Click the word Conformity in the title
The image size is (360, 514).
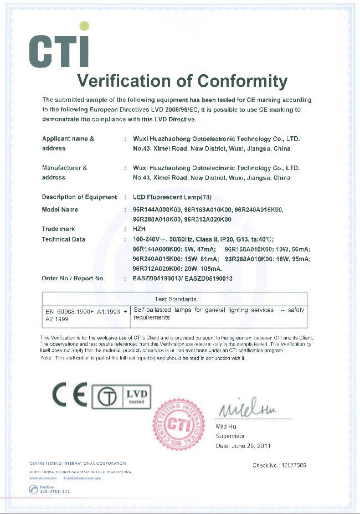coord(242,81)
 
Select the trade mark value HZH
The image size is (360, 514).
coord(140,229)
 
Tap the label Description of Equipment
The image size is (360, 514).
coord(79,197)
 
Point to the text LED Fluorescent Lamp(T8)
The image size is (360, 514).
coord(172,197)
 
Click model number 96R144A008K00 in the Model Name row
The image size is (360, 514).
coord(157,210)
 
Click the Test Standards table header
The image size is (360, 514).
coord(175,299)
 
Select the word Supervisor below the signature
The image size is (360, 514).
coord(231,436)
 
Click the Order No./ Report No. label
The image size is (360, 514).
coord(74,279)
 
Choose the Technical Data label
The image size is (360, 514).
coord(64,239)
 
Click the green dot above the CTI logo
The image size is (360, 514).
coord(84,25)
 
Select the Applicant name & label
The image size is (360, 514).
coord(68,138)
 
